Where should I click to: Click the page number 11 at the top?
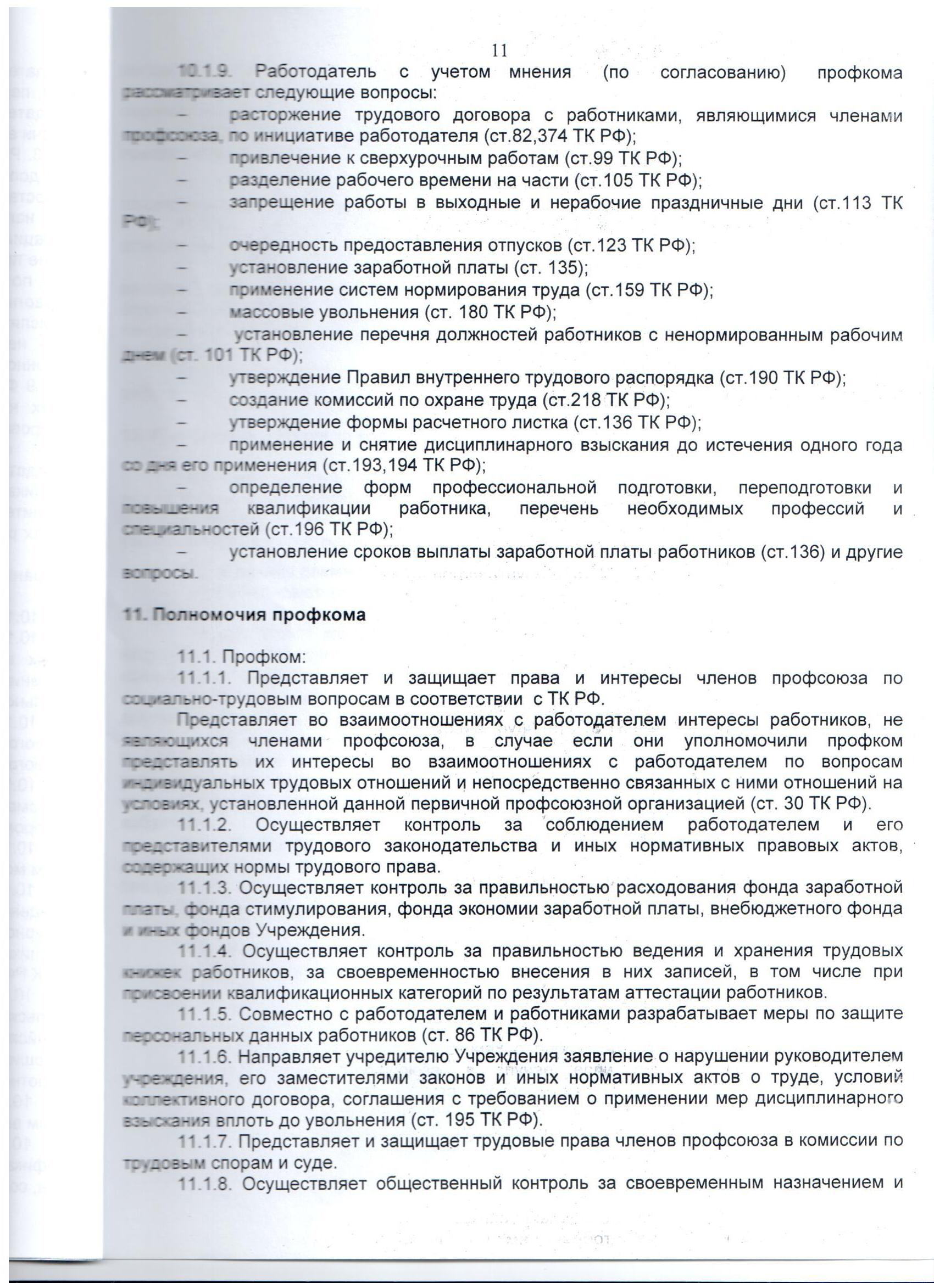[x=499, y=51]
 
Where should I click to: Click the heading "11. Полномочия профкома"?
[x=244, y=615]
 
